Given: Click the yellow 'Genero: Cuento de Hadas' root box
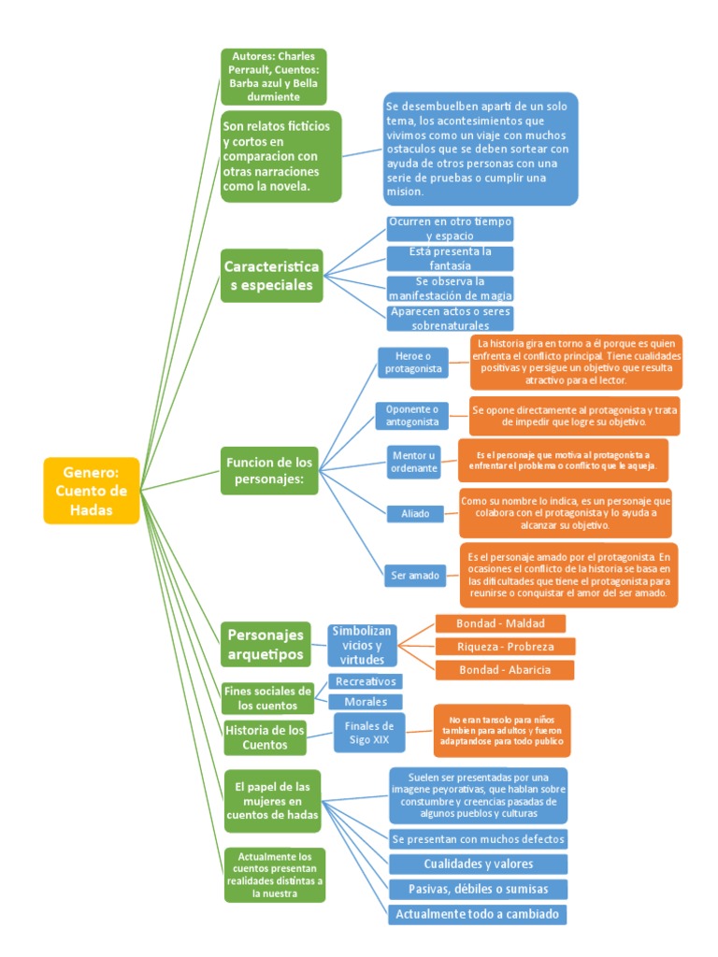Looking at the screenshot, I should click(91, 490).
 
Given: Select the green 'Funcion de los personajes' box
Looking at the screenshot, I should click(270, 470).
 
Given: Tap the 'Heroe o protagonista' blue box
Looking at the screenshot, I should click(412, 363).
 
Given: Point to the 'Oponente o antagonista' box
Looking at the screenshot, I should click(412, 416).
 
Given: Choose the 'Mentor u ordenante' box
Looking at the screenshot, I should click(414, 462).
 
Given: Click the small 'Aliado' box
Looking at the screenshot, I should click(414, 513).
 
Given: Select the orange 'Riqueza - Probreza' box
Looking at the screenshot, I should click(505, 647).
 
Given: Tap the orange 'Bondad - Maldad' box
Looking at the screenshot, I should click(499, 623).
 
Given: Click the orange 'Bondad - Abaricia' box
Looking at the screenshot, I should click(504, 670).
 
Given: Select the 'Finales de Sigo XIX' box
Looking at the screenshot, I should click(369, 732).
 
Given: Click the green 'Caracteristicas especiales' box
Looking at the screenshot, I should click(271, 276).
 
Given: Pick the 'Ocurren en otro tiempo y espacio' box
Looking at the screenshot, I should click(450, 229).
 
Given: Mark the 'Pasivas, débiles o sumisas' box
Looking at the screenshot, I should click(478, 888).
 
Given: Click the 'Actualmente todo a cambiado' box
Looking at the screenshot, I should click(478, 913).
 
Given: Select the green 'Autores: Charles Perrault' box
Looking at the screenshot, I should click(273, 77).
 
